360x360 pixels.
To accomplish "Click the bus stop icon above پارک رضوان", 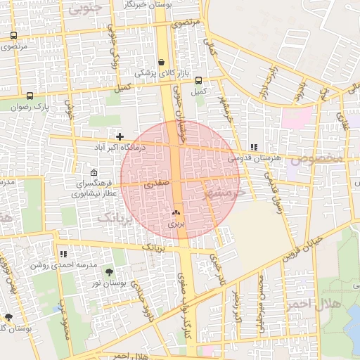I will click(29, 96).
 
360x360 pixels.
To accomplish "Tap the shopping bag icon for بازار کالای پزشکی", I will click(162, 62).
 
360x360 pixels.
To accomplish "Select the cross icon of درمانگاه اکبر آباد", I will click(120, 136).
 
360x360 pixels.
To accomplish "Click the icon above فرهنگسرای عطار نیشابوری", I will click(95, 173).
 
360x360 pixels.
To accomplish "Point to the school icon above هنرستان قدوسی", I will click(253, 147).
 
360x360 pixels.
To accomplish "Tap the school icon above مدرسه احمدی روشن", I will click(63, 254).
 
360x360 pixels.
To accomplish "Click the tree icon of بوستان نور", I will click(108, 272).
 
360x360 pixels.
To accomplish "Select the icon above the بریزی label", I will click(176, 212).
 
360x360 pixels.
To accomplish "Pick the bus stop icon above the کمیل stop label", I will click(198, 80).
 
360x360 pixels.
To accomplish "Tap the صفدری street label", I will click(156, 186).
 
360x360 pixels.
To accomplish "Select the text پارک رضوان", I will click(28, 107).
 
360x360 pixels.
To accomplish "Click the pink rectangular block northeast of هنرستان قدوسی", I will click(296, 117).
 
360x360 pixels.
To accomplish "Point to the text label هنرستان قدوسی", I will click(254, 158).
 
